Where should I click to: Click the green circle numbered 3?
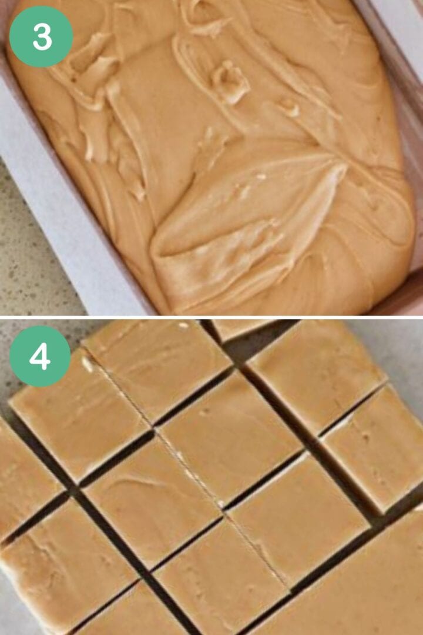[x=41, y=36]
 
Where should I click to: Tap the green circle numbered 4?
[x=40, y=356]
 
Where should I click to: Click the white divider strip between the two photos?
[x=211, y=317]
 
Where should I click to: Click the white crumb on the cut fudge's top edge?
[x=183, y=325]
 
